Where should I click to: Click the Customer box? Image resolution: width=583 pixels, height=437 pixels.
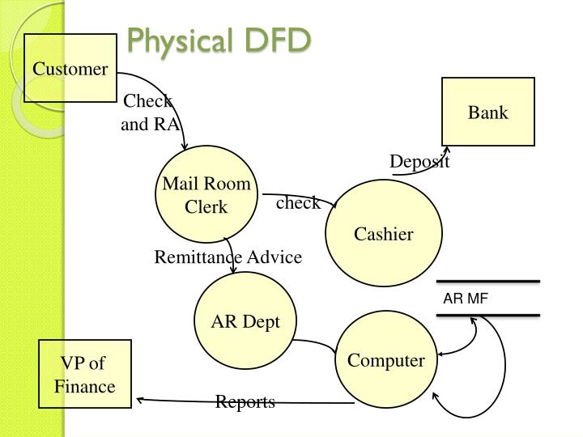(70, 68)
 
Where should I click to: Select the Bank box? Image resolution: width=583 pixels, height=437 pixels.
(487, 112)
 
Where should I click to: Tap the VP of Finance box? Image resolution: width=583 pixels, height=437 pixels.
(85, 375)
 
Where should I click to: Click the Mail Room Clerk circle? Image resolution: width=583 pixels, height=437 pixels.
(206, 195)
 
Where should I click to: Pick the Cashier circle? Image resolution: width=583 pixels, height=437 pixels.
(384, 234)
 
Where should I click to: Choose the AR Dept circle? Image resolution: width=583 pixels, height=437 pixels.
(245, 321)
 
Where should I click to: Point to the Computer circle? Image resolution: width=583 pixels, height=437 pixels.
(385, 361)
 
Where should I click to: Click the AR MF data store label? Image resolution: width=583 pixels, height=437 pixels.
(466, 299)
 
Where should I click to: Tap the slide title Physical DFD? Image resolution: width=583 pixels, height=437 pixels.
(219, 40)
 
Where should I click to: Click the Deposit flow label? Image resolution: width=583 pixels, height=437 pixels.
(419, 162)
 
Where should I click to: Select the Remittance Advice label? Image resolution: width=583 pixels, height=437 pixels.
(228, 257)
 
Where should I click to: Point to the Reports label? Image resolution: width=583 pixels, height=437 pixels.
(245, 402)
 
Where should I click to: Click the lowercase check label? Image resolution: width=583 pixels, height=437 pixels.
(297, 203)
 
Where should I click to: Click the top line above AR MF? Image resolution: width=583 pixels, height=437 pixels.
(487, 282)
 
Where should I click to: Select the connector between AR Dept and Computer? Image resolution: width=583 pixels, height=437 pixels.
(316, 343)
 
